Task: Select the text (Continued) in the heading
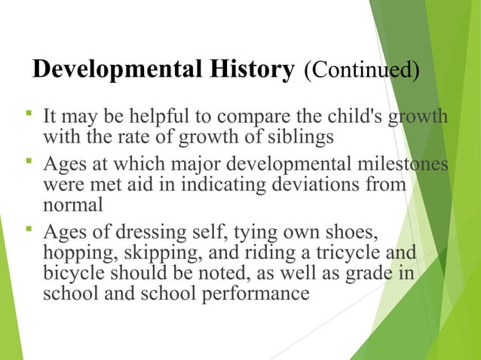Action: click(361, 72)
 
